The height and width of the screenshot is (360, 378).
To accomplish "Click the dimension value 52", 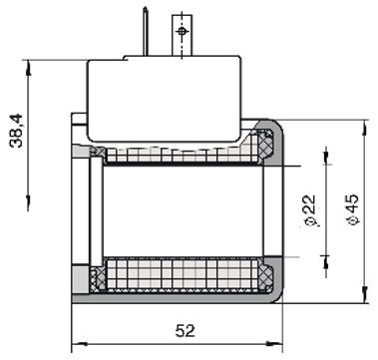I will pos(185,330).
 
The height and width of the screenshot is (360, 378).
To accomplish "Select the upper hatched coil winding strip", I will pos(180,155).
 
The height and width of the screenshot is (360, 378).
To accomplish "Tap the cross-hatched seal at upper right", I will pos(267,148).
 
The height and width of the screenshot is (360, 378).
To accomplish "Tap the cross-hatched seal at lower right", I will pos(267,278).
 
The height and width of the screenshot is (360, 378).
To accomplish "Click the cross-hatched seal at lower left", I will pos(97,280).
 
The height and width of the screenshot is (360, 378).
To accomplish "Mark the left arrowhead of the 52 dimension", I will pos(77,346).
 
